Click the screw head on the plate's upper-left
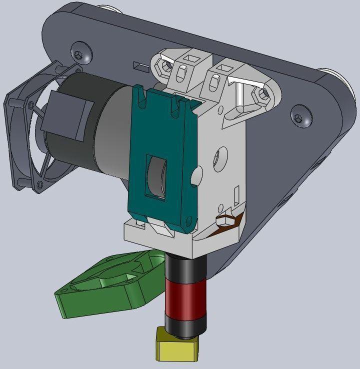tap(80, 52)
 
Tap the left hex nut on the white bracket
tap(166, 65)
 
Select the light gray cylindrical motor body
tap(115, 135)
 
